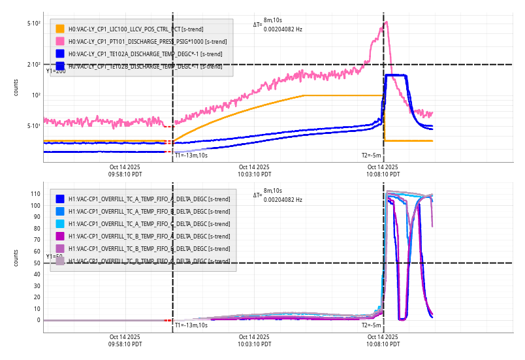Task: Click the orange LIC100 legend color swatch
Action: (60, 29)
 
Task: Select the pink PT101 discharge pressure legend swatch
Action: (60, 41)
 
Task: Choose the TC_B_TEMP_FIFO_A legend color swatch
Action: (60, 236)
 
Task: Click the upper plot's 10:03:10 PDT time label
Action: (253, 171)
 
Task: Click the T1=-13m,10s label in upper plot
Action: (191, 155)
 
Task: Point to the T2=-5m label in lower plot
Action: (371, 325)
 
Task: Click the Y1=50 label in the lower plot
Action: (56, 257)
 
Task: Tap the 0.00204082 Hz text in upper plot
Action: (283, 29)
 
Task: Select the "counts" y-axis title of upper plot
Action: (16, 88)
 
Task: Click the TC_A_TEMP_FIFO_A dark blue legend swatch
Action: (60, 199)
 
